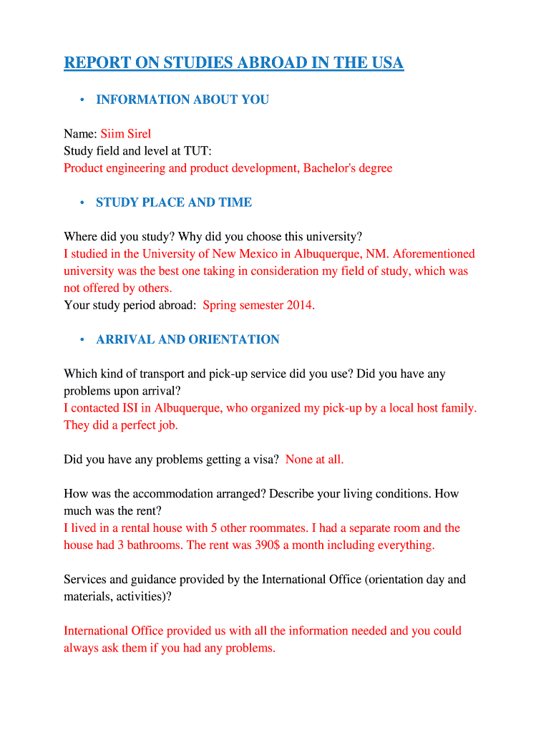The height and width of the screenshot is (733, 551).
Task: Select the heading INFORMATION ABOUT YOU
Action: point(182,99)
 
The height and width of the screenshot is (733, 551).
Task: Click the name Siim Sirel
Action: point(125,134)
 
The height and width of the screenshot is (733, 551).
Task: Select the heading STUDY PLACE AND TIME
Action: point(174,203)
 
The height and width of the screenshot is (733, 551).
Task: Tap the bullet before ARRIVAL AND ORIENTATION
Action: point(83,340)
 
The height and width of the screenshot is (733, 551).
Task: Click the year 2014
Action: point(300,306)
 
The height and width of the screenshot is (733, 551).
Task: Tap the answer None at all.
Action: point(314,460)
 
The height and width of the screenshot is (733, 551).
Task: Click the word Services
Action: point(86,580)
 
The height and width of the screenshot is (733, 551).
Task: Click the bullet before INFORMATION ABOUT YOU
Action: point(83,99)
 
